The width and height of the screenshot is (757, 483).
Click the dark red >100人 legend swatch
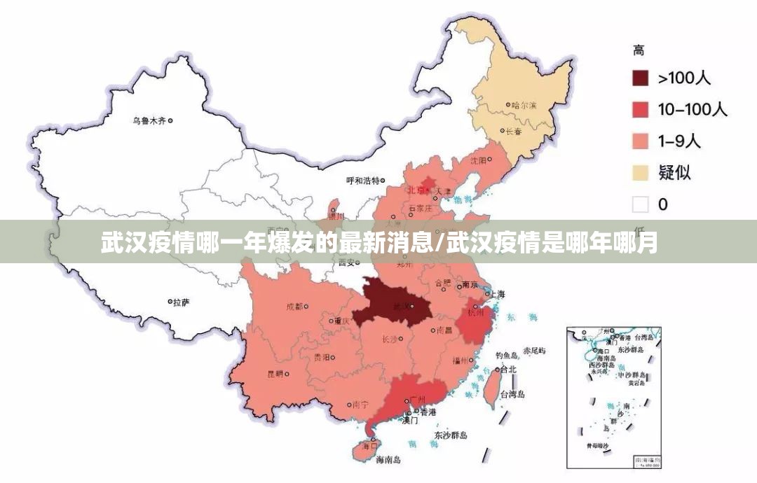pos(640,78)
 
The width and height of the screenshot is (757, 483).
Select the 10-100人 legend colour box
pos(640,109)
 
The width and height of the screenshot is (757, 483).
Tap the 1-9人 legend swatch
pos(640,141)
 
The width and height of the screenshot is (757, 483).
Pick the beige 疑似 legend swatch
pos(640,172)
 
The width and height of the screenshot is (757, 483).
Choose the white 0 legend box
pos(640,204)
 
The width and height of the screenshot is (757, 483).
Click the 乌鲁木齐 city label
pos(149,120)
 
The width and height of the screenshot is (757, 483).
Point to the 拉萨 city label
pos(182,302)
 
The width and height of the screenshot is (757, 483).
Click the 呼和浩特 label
pos(362,180)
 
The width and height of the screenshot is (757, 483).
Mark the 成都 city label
pos(294,307)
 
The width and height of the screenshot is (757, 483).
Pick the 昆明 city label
pos(275,374)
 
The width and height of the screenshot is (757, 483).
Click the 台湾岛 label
pos(512,394)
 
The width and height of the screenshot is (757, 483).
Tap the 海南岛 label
pos(388,460)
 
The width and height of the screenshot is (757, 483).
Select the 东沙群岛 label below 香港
pos(450,435)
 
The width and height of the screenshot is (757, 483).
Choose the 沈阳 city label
pos(478,160)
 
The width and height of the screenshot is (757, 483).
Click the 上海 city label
pos(497,294)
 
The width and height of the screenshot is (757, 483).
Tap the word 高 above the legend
pos(639,50)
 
